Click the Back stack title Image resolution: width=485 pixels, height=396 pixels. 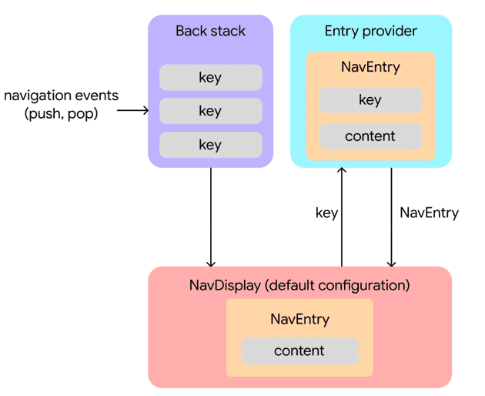click(210, 32)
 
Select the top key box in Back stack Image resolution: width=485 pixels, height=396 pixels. click(210, 78)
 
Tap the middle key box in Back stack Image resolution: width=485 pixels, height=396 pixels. click(210, 111)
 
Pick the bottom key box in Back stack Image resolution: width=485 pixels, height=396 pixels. click(210, 145)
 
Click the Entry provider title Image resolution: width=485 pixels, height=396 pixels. click(370, 32)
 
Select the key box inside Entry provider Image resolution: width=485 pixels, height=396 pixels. click(370, 100)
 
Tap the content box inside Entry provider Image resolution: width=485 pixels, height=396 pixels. click(370, 136)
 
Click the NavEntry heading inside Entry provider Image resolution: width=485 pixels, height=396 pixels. click(370, 67)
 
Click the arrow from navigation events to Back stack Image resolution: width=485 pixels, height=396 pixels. click(132, 111)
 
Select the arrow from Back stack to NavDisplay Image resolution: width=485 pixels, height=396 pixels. click(210, 216)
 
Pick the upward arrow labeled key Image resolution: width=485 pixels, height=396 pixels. click(343, 216)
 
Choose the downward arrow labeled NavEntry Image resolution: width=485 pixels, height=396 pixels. click(391, 216)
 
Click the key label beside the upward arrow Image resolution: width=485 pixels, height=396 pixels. click(326, 213)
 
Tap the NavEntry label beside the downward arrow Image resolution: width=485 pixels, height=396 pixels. click(429, 213)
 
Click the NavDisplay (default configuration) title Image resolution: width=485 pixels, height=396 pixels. click(299, 285)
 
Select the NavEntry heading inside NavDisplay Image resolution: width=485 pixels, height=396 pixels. click(299, 319)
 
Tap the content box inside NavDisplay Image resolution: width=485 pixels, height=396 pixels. click(299, 351)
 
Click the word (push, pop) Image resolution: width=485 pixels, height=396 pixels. click(62, 115)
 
